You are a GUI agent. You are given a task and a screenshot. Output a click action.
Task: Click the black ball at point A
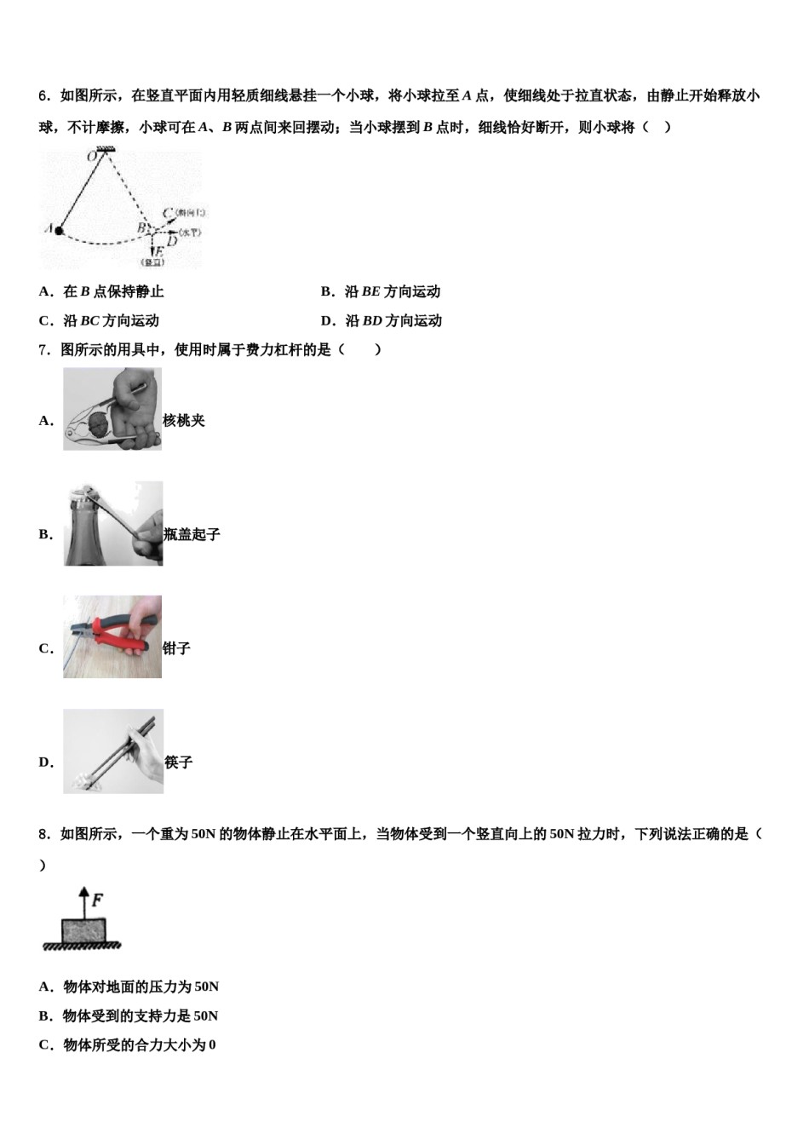(59, 229)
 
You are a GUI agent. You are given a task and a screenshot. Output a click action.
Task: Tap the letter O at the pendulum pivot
(91, 157)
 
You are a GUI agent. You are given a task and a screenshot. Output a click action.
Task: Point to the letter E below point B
(156, 251)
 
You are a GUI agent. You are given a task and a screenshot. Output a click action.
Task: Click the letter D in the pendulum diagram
(171, 241)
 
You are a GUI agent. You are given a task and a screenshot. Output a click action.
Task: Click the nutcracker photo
(112, 409)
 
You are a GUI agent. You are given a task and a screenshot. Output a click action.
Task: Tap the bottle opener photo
(113, 523)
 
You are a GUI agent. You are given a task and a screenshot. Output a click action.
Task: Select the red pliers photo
(112, 636)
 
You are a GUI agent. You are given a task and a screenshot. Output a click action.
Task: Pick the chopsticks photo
(113, 751)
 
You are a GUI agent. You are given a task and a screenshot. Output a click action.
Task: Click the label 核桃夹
(184, 421)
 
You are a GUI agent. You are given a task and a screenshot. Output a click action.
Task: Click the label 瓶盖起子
(192, 534)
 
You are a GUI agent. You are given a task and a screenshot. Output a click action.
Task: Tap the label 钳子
(176, 648)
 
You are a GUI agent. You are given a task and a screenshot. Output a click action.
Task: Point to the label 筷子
(179, 762)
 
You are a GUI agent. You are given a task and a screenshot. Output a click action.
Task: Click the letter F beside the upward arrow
(97, 900)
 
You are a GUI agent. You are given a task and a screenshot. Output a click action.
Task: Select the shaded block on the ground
(83, 930)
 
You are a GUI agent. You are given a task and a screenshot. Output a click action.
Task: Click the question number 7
(43, 350)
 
